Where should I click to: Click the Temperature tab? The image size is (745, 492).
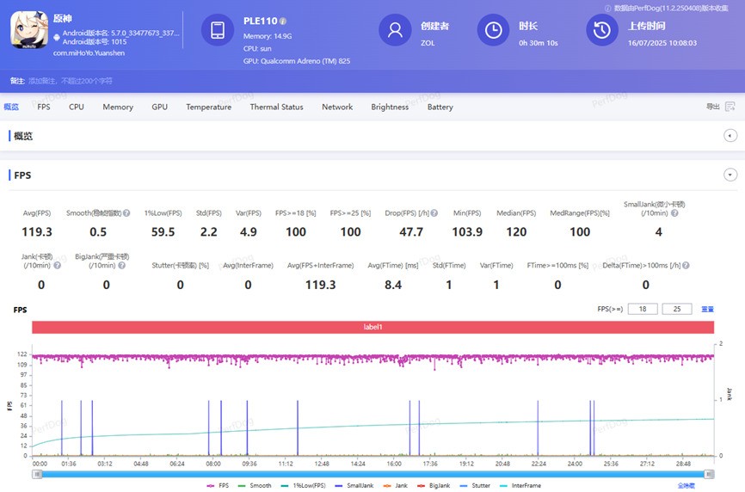pyautogui.click(x=208, y=107)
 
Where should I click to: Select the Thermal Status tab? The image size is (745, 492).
pyautogui.click(x=276, y=107)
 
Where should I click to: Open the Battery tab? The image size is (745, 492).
pyautogui.click(x=440, y=107)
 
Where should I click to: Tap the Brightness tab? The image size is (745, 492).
pyautogui.click(x=390, y=107)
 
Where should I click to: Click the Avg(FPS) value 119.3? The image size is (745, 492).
pyautogui.click(x=36, y=232)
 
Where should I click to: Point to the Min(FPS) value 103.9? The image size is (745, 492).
pyautogui.click(x=467, y=232)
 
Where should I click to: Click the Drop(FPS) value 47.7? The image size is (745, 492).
pyautogui.click(x=411, y=232)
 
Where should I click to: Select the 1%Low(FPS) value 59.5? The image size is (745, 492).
pyautogui.click(x=163, y=232)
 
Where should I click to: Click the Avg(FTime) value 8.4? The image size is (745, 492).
pyautogui.click(x=393, y=285)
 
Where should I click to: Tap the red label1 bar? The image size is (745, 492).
pyautogui.click(x=372, y=327)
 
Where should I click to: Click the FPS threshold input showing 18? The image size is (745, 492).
pyautogui.click(x=643, y=309)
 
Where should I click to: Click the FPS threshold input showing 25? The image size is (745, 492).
pyautogui.click(x=676, y=309)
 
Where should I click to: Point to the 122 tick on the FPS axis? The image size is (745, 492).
pyautogui.click(x=22, y=354)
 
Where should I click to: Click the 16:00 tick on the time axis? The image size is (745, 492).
pyautogui.click(x=394, y=463)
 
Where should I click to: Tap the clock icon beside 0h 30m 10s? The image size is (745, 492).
pyautogui.click(x=493, y=30)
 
